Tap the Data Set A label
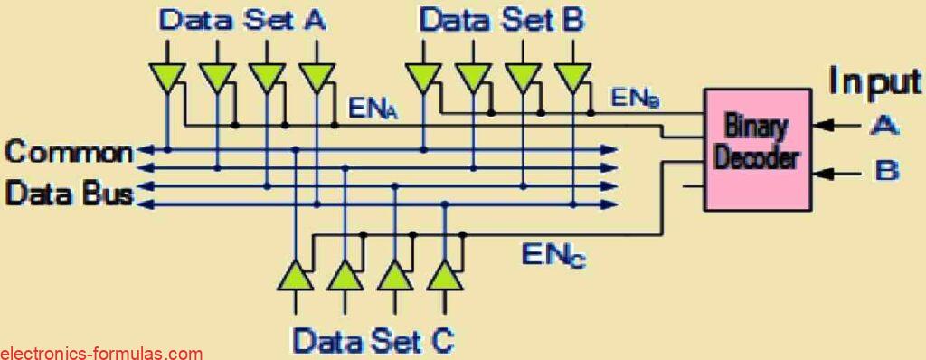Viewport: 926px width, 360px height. (241, 20)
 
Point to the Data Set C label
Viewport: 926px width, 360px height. (373, 341)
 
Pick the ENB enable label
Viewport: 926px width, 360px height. (635, 95)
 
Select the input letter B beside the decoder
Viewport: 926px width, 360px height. (885, 169)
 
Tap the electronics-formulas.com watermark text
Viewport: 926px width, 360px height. (101, 353)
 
